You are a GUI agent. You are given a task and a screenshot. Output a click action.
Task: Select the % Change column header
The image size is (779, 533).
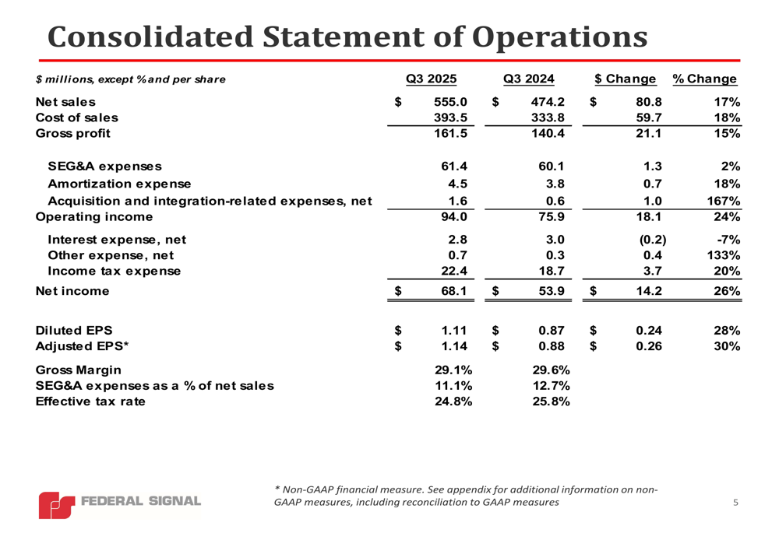[x=704, y=79]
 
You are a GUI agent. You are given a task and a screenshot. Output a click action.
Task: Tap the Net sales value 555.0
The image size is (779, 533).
[x=450, y=102]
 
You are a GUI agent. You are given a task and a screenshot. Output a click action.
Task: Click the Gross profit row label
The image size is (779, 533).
[x=73, y=133]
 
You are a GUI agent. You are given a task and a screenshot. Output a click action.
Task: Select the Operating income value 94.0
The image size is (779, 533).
[x=453, y=217]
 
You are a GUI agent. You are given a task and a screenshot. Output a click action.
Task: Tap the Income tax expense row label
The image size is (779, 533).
[x=114, y=272]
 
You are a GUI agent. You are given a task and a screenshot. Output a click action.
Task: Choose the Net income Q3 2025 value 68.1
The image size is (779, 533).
[x=453, y=292]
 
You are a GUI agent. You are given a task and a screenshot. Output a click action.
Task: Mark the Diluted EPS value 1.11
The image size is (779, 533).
[x=453, y=330]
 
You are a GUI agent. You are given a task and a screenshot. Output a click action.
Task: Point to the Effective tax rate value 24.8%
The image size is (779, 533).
[x=450, y=402]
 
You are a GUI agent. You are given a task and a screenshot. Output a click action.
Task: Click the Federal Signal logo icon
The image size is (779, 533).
[x=57, y=505]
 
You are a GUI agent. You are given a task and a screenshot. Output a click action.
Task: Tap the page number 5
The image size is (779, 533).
[x=736, y=503]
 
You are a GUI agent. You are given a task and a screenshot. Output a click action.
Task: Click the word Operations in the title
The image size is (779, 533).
[x=561, y=37]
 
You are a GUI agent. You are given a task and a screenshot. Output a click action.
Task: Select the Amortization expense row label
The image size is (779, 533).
[x=119, y=184]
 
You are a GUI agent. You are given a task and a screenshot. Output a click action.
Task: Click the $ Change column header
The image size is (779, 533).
[x=625, y=79]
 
